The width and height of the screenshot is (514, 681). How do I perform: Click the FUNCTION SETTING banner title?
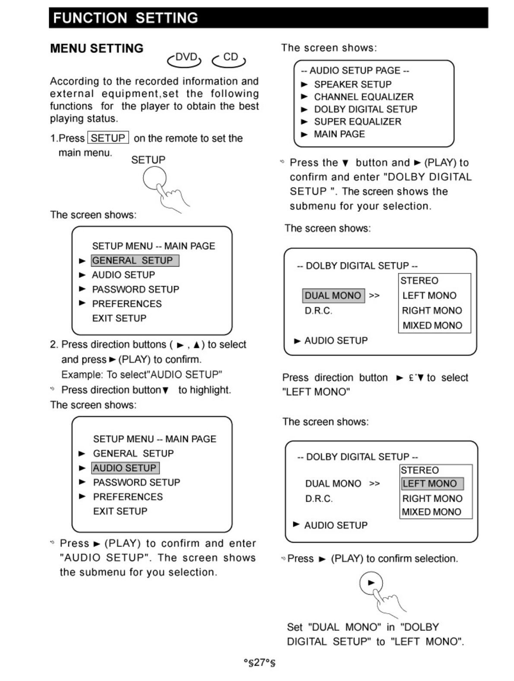(x=125, y=18)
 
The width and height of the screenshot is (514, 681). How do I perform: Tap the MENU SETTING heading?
(x=97, y=48)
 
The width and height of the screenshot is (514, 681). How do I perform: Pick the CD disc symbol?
(x=229, y=58)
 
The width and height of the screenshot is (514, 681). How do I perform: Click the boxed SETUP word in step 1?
(x=108, y=138)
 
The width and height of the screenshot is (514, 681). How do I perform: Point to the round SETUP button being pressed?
(x=155, y=178)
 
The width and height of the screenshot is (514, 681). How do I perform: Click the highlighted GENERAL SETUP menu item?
(x=134, y=261)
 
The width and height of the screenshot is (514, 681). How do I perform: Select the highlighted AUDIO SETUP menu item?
(x=125, y=468)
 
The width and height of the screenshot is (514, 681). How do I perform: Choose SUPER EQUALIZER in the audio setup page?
(x=357, y=122)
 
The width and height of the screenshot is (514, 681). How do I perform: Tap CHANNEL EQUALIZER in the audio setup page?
(x=363, y=97)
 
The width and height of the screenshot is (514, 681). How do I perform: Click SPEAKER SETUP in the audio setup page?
(x=352, y=84)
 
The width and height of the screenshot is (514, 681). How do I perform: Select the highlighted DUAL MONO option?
(x=333, y=296)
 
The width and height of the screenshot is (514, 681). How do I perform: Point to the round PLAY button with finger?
(x=371, y=583)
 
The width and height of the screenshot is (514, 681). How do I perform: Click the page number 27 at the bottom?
(x=259, y=662)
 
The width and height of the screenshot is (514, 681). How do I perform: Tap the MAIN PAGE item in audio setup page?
(x=339, y=134)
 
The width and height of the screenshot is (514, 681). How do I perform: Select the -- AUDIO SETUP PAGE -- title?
(x=355, y=70)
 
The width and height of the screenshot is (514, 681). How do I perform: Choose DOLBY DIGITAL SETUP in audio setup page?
(x=365, y=109)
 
